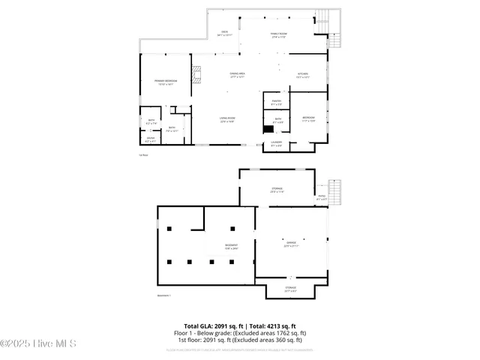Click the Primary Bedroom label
(164, 82)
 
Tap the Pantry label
(276, 103)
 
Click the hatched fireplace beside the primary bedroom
(196, 73)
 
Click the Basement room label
(231, 247)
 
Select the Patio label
(322, 197)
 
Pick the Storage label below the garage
(290, 289)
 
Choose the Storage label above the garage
(277, 190)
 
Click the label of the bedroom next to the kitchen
(308, 119)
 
